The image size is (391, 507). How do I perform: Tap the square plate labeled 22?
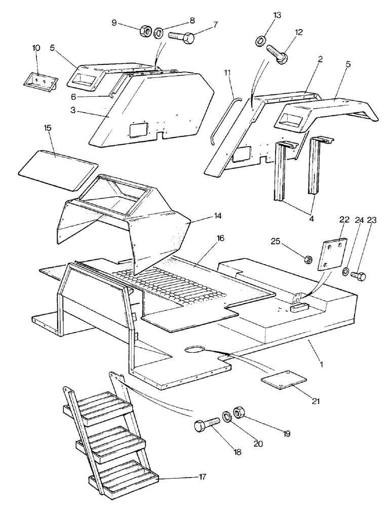(331, 250)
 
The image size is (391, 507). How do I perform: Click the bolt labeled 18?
(208, 424)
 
